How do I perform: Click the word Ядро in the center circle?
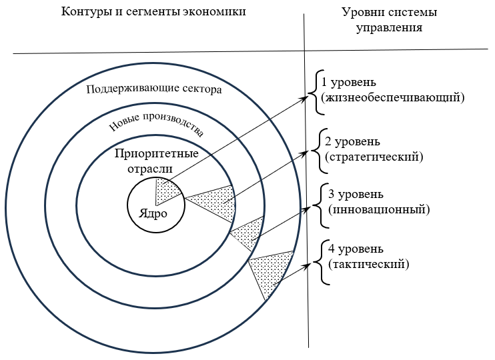pyautogui.click(x=153, y=214)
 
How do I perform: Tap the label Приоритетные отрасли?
pyautogui.click(x=156, y=161)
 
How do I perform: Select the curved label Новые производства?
pyautogui.click(x=157, y=124)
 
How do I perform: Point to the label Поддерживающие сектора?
pyautogui.click(x=154, y=89)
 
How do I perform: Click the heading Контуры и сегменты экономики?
pyautogui.click(x=153, y=11)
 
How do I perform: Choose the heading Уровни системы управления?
pyautogui.click(x=389, y=19)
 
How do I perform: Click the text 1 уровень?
pyautogui.click(x=348, y=82)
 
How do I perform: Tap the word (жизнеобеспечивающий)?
pyautogui.click(x=393, y=97)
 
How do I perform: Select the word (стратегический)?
pyautogui.click(x=374, y=157)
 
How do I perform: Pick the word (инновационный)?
pyautogui.click(x=379, y=209)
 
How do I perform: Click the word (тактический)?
pyautogui.click(x=369, y=264)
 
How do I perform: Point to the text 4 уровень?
pyautogui.click(x=356, y=249)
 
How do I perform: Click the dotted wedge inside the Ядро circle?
pyautogui.click(x=166, y=190)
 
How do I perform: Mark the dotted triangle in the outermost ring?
pyautogui.click(x=270, y=271)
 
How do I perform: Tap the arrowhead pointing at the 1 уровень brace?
pyautogui.click(x=304, y=98)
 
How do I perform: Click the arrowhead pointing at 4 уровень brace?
pyautogui.click(x=306, y=266)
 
